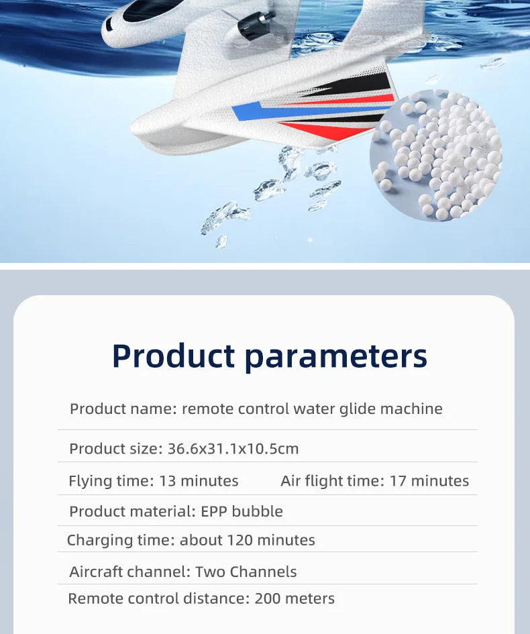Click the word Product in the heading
click(x=173, y=356)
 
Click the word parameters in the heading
click(x=335, y=356)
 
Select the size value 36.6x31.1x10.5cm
click(x=233, y=449)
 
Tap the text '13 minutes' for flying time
click(x=199, y=481)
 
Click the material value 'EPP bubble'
click(x=242, y=511)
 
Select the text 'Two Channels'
click(x=246, y=572)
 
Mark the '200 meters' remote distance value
click(x=295, y=598)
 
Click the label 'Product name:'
click(x=123, y=409)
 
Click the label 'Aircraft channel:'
click(x=130, y=572)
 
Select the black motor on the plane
click(x=256, y=25)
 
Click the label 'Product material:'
click(x=132, y=511)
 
